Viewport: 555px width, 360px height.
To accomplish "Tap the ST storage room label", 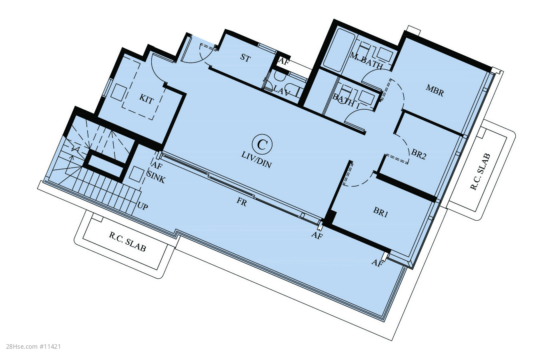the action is coord(245,58).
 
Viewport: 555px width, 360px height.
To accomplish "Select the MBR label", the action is coord(435,91).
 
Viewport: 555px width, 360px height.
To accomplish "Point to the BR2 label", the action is coord(419,154).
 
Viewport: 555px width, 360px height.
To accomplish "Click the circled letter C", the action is coord(262,144).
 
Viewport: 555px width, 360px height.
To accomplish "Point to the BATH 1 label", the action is coord(346,101).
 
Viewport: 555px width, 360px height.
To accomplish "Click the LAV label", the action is coord(281,91).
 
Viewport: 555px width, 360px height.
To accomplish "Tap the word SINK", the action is coord(156,177).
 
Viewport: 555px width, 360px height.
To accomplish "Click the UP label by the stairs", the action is coord(143,206).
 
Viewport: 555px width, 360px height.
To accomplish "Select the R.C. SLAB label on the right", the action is coord(480,172).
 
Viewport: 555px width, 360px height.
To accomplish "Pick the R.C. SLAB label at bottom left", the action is coord(127,242).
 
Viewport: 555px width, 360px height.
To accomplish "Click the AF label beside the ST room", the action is coord(284,61).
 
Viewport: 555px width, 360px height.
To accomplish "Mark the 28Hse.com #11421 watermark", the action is coord(33,347).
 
